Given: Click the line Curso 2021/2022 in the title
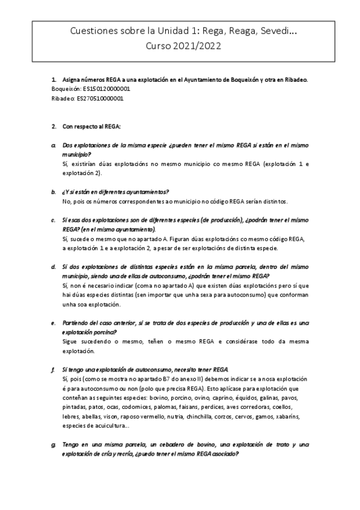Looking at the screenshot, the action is (180, 45).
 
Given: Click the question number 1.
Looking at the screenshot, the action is (54, 79).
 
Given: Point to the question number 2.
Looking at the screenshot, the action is (54, 126).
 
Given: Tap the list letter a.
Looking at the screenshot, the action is (54, 146).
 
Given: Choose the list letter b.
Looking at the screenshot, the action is (54, 191).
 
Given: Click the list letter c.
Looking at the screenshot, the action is (54, 220).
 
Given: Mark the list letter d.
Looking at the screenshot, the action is (54, 266).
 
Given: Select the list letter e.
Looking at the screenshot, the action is (54, 324).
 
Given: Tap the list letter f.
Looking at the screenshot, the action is (54, 369).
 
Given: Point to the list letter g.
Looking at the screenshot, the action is (54, 444).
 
